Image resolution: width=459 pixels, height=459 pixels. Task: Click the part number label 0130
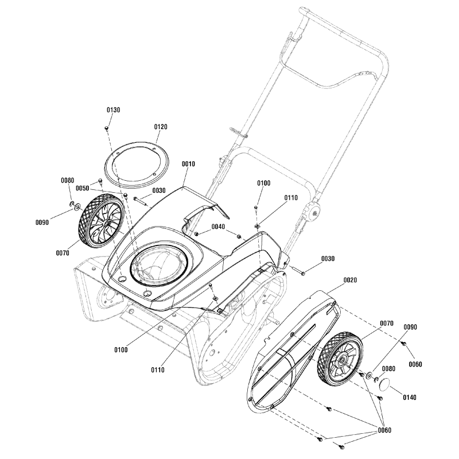(113, 110)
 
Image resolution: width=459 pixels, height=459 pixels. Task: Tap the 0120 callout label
(161, 127)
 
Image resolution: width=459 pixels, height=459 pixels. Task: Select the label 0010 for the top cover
(188, 164)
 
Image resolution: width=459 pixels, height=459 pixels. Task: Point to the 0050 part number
(83, 188)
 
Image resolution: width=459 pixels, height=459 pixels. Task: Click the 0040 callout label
(218, 227)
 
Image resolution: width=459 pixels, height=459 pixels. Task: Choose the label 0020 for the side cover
(350, 280)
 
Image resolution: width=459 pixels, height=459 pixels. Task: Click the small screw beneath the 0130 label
(107, 127)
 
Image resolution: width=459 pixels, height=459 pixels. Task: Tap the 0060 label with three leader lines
(385, 430)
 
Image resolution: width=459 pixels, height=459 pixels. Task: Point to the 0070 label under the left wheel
(63, 252)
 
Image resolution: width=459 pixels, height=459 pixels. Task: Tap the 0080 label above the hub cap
(388, 369)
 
